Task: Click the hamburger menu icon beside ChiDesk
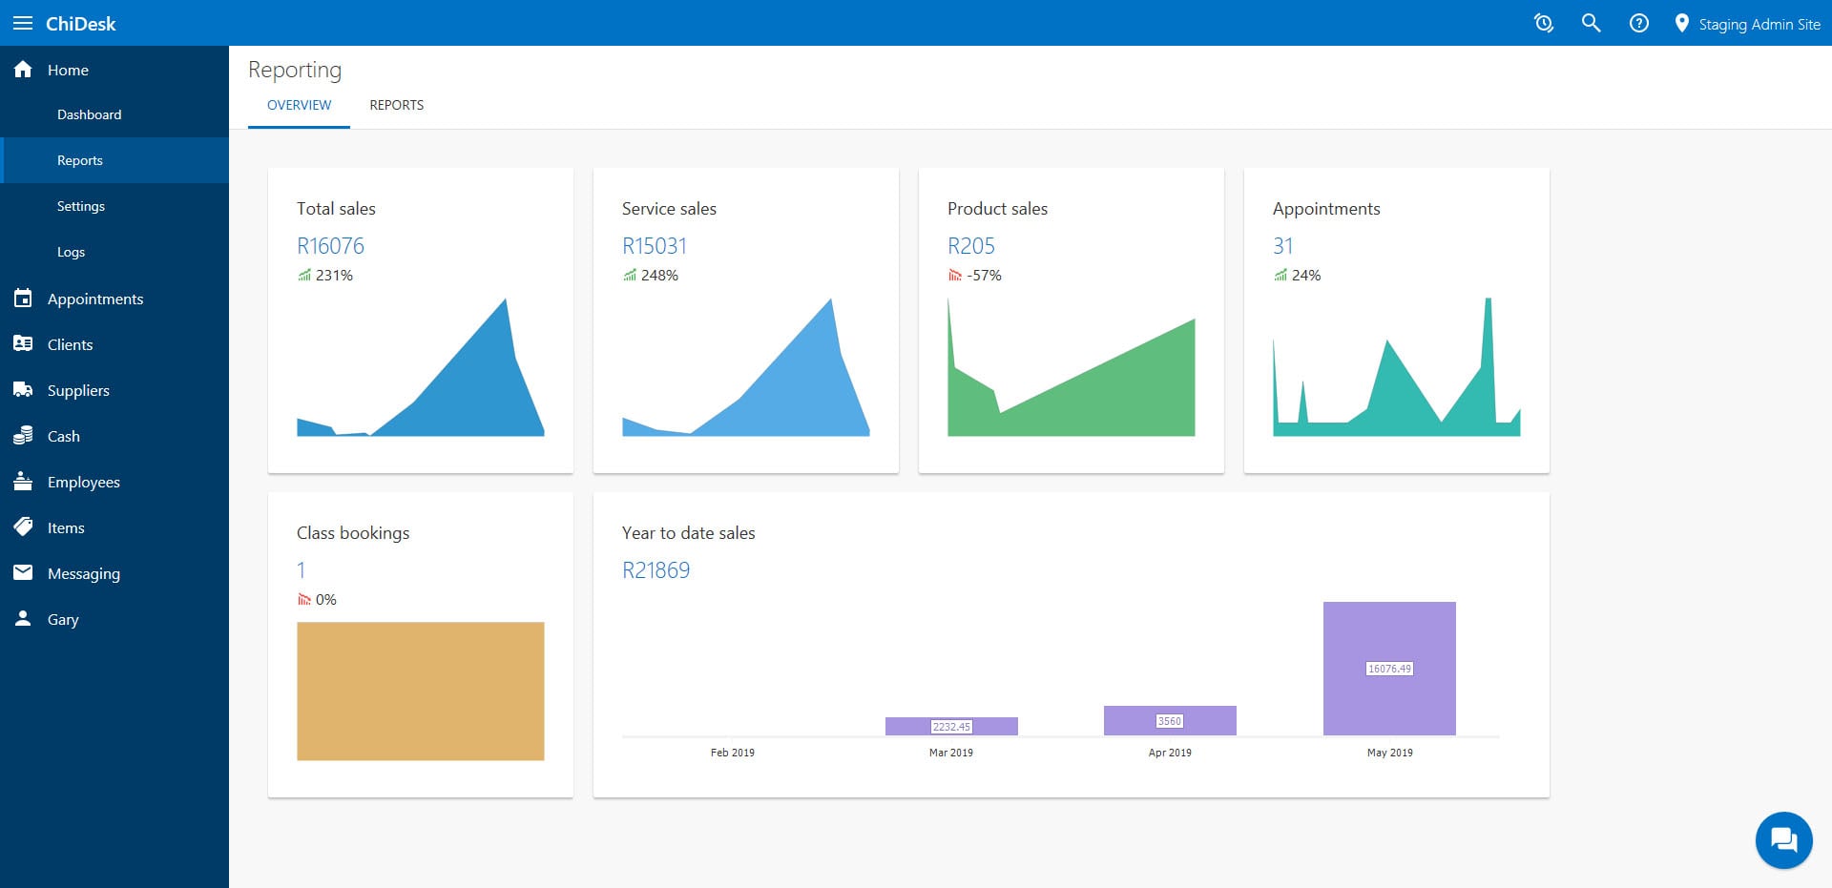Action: pos(23,23)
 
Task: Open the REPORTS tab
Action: pos(396,105)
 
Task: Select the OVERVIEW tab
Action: pos(299,105)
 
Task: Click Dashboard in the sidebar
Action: pos(89,114)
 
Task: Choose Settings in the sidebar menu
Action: pos(81,206)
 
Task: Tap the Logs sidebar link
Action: pos(71,252)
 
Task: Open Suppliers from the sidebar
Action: pos(78,390)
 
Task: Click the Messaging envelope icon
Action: pos(23,572)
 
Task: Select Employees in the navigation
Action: pos(84,482)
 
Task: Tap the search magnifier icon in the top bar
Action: pos(1591,23)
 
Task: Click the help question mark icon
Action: pos(1638,23)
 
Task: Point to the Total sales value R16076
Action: pos(330,246)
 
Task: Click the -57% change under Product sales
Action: pos(984,276)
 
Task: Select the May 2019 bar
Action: pos(1389,668)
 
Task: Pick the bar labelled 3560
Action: pos(1170,720)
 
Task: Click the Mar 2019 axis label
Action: pos(950,753)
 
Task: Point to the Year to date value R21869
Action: pos(656,570)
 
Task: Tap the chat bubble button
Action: pos(1783,840)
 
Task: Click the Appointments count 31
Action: pos(1282,246)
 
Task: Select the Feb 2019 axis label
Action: pos(732,753)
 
